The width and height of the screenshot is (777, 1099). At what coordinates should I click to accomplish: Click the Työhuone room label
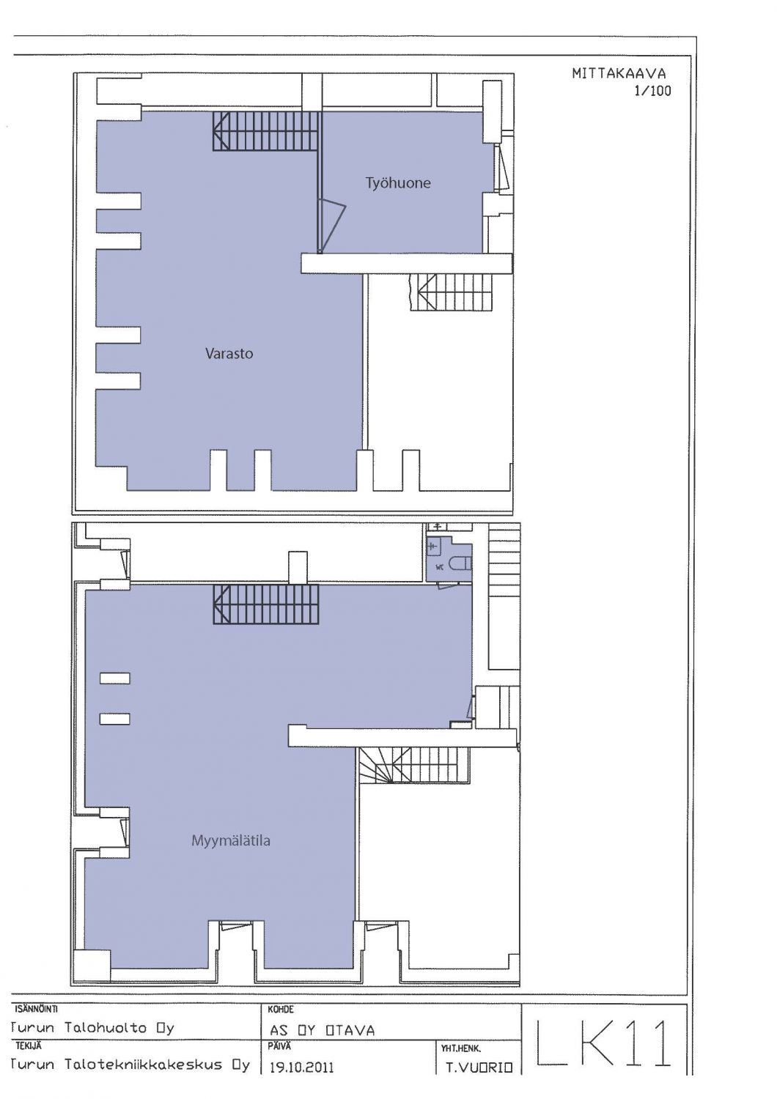click(x=398, y=183)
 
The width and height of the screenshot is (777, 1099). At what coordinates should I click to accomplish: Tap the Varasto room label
click(x=229, y=353)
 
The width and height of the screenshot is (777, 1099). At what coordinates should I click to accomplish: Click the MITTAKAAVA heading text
click(x=619, y=73)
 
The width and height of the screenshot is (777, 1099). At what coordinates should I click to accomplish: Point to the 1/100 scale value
click(x=652, y=92)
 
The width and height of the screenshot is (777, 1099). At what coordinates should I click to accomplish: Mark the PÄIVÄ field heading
click(x=279, y=1046)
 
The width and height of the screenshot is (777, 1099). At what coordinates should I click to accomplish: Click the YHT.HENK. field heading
click(x=461, y=1049)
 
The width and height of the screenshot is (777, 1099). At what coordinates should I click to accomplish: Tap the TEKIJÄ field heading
click(x=29, y=1046)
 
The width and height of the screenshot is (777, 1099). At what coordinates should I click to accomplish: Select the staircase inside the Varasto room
click(x=265, y=131)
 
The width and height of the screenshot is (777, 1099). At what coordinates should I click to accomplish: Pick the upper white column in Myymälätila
click(x=115, y=678)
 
